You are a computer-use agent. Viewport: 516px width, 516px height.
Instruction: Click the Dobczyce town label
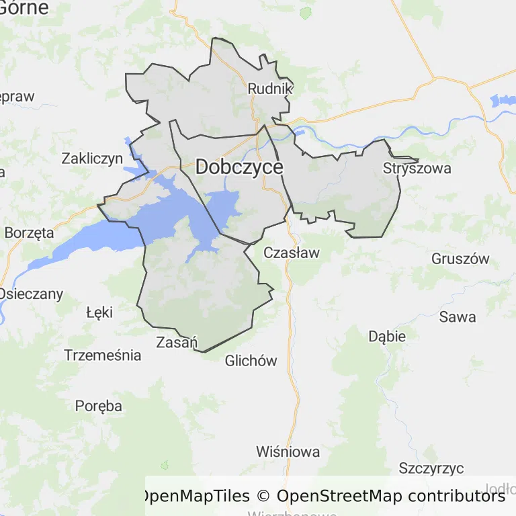239,167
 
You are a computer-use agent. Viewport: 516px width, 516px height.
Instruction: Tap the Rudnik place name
270,88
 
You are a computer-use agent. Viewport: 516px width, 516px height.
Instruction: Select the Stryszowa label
417,168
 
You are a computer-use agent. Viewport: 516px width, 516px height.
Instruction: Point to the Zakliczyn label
92,159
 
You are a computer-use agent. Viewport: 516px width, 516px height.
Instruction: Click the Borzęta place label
29,233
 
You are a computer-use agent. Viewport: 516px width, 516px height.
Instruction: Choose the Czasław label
292,253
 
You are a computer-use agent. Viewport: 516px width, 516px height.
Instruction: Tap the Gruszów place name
460,259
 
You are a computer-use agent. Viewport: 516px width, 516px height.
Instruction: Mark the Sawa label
457,316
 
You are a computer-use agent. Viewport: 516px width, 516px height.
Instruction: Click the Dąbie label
387,336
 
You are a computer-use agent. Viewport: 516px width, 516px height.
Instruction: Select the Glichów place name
251,361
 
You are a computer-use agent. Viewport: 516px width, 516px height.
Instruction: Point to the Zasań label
176,341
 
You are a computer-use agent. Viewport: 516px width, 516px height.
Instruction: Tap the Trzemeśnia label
103,355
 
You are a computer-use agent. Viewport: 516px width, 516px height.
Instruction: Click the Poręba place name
99,406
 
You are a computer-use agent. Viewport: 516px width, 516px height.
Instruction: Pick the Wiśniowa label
288,451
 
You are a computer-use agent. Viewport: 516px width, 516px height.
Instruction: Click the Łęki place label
99,312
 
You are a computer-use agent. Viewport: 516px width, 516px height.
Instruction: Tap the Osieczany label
31,294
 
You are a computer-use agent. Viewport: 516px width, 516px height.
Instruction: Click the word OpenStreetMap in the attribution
339,497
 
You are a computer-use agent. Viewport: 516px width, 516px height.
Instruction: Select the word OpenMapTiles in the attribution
194,497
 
